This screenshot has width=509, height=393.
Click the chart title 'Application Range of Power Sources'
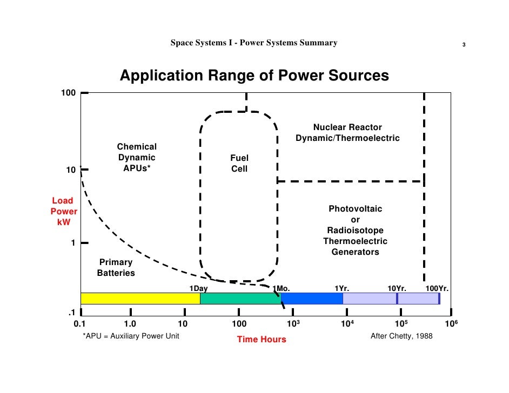254,76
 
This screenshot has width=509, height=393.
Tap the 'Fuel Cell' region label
239,164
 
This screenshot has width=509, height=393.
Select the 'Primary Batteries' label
115,268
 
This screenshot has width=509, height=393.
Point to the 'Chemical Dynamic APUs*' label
137,158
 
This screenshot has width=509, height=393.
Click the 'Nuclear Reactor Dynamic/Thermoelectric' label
347,133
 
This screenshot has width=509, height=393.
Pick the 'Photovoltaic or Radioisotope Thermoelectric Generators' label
355,231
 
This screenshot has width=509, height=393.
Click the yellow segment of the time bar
140,299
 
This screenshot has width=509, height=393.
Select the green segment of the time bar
240,299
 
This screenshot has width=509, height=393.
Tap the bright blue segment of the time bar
312,299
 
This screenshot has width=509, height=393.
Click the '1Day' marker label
198,288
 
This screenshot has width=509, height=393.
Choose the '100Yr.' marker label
437,288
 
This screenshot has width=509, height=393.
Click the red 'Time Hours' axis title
262,340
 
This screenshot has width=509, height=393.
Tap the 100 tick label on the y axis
68,93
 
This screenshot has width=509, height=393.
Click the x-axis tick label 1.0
130,324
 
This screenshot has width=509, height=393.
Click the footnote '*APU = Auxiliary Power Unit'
131,336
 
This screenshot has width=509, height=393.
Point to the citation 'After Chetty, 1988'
401,336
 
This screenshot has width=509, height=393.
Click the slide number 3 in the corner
464,44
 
